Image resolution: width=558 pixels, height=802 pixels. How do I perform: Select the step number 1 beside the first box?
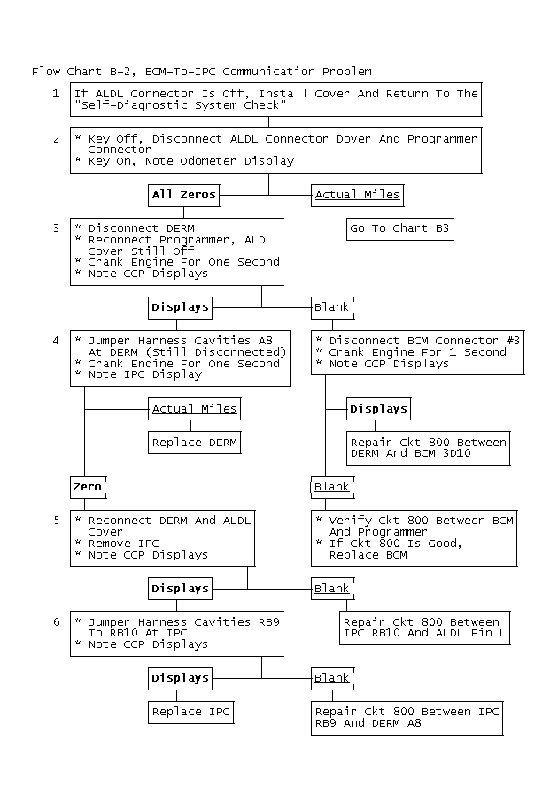(x=56, y=93)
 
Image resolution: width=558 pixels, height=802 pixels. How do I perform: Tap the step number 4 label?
(x=56, y=341)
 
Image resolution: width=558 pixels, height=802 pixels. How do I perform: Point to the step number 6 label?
(x=56, y=622)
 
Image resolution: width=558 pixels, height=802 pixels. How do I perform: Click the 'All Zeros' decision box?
(x=183, y=195)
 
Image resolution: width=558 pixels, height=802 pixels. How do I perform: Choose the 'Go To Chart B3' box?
(x=400, y=228)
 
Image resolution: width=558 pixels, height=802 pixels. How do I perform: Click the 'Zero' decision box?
(x=88, y=487)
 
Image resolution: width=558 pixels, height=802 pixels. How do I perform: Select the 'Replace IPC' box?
(x=190, y=712)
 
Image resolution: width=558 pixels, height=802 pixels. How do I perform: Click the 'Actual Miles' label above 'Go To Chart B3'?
(x=357, y=195)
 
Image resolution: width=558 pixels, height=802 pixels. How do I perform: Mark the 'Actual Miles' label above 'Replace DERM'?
(x=195, y=409)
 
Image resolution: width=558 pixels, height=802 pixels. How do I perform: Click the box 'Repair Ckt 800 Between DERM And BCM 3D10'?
(x=429, y=448)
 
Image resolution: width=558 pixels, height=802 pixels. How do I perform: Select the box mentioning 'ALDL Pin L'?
(x=425, y=628)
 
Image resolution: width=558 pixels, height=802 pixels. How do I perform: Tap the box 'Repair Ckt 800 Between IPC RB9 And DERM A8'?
(x=407, y=717)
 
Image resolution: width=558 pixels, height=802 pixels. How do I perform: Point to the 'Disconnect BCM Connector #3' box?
(x=414, y=352)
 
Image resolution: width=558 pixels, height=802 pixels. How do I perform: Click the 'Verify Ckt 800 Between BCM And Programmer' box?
(x=414, y=537)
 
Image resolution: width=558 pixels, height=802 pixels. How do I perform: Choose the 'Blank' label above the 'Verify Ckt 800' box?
(x=332, y=487)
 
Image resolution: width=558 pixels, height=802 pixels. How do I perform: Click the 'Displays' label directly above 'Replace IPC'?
(x=180, y=678)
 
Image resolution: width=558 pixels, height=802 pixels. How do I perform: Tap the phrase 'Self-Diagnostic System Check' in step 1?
(x=180, y=105)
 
